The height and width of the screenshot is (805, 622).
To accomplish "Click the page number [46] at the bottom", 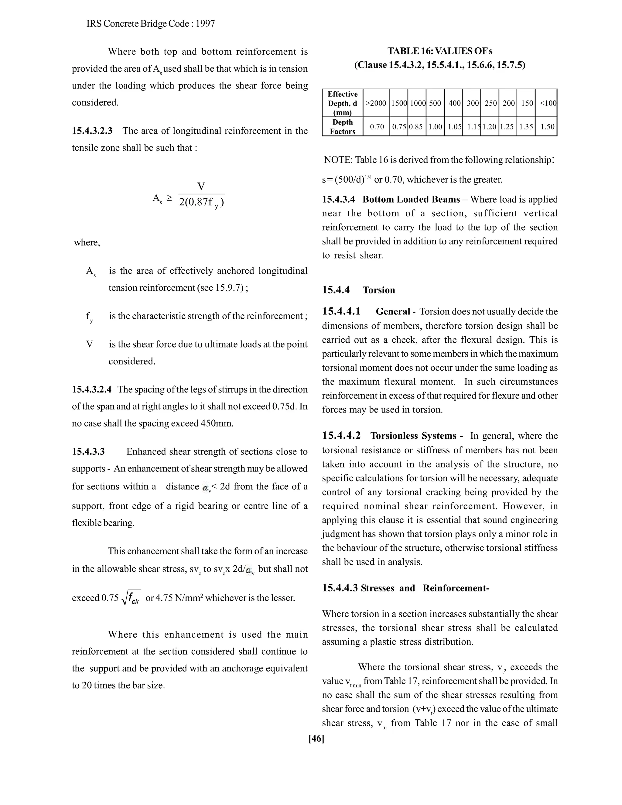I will [316, 738].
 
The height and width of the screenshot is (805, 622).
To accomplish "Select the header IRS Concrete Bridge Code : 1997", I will [151, 24].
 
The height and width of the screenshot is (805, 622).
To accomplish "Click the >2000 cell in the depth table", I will [376, 104].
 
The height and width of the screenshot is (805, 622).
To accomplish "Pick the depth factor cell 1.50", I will [547, 127].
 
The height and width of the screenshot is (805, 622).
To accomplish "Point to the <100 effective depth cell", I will [548, 104].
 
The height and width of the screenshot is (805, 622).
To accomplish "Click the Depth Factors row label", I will [342, 127].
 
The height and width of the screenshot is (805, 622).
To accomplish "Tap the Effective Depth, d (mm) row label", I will [342, 104].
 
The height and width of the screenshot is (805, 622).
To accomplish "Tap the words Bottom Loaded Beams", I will [411, 199].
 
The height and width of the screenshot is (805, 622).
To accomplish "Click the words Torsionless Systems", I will [413, 436].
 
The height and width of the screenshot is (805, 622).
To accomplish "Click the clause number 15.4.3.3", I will [88, 451].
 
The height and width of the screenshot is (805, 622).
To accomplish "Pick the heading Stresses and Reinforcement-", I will [425, 588].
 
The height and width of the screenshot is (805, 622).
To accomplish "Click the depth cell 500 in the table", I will [435, 104].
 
